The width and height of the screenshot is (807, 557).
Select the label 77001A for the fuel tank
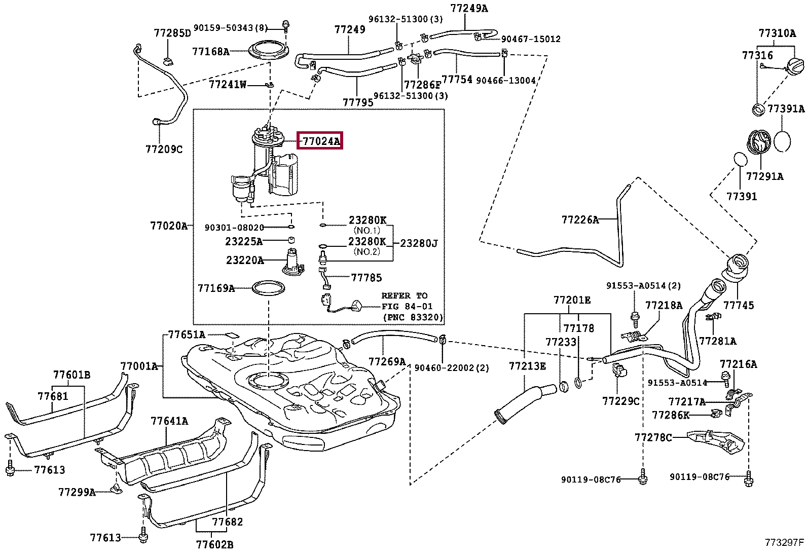(139, 366)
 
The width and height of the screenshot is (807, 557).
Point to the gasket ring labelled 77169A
(268, 288)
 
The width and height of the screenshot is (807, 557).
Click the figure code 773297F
(784, 542)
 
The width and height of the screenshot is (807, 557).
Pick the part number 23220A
(245, 261)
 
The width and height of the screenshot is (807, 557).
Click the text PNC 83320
(413, 318)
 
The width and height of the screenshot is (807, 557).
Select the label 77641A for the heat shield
(169, 421)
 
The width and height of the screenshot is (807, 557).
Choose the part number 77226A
(580, 219)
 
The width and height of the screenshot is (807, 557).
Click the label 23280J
(419, 243)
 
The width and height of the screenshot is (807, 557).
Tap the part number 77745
(739, 305)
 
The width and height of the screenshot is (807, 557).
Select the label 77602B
(214, 544)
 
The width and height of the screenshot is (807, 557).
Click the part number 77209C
(164, 149)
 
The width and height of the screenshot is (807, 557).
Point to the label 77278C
(653, 437)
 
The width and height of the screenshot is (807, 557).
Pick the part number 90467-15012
(531, 39)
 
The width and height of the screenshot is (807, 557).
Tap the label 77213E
(527, 366)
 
